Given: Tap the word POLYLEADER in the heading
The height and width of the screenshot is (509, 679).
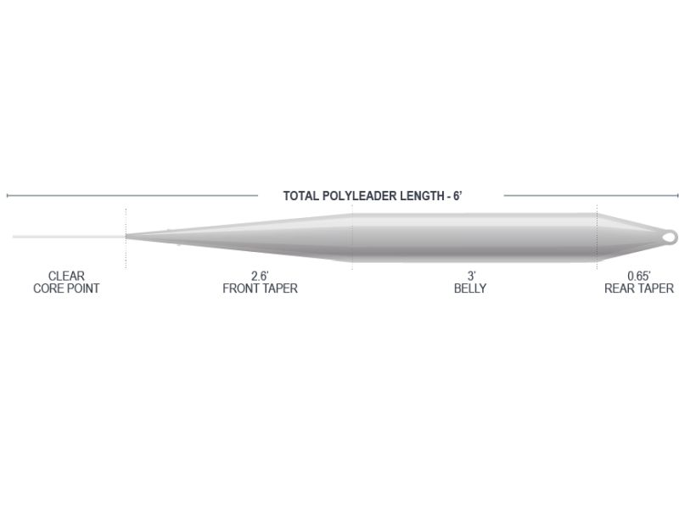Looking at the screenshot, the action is (x=359, y=196).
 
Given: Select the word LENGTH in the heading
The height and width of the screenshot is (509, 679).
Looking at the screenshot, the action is (x=422, y=196).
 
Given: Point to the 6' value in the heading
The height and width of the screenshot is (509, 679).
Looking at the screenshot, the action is (x=457, y=196).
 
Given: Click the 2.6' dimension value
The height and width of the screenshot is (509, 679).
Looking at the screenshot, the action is (x=260, y=277).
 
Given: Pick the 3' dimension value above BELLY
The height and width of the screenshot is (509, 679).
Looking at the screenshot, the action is (x=471, y=277).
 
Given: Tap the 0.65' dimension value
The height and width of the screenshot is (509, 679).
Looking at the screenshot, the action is (x=639, y=277).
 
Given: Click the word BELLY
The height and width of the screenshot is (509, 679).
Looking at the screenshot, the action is (x=470, y=288).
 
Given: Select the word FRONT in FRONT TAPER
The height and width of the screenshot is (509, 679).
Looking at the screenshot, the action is (x=240, y=288).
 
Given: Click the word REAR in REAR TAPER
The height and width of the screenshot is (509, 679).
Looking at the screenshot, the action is (x=619, y=288).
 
